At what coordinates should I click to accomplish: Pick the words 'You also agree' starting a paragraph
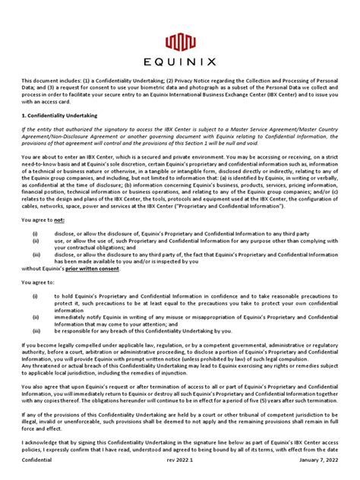[44, 387]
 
